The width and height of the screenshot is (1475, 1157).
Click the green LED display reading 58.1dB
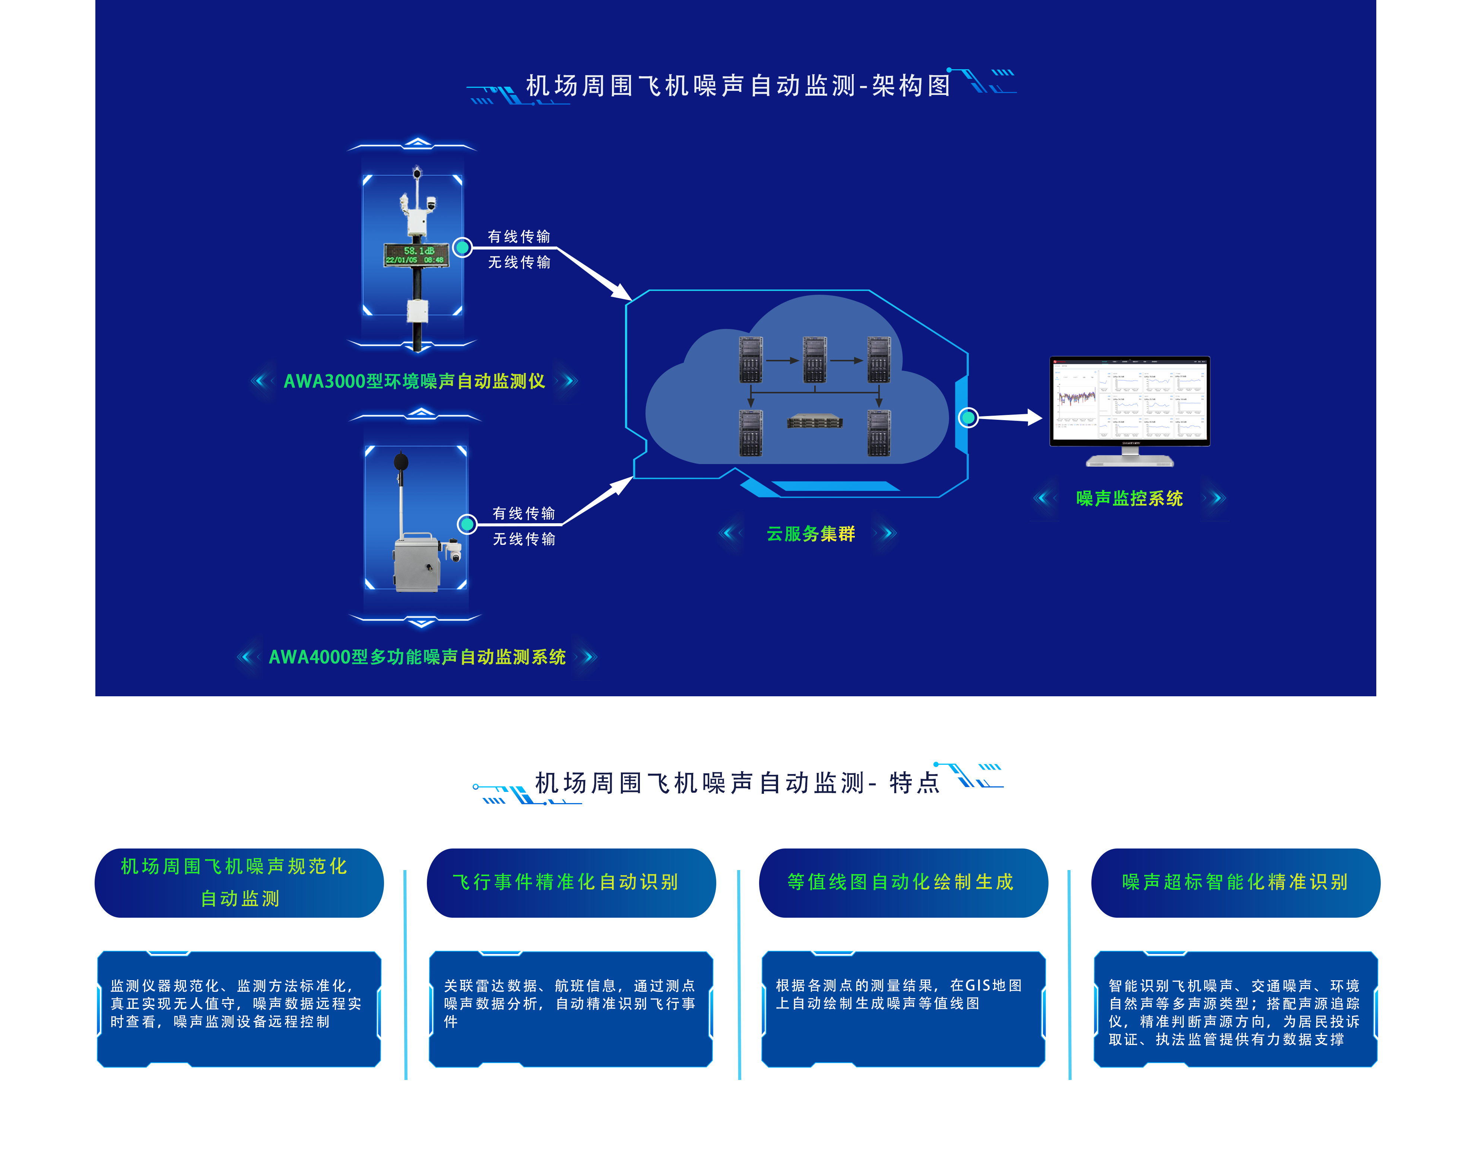pos(416,255)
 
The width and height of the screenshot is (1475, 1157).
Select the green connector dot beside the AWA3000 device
pos(462,247)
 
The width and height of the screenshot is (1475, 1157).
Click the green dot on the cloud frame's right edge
pos(968,417)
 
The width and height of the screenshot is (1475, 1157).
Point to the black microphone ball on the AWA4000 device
pos(401,462)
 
